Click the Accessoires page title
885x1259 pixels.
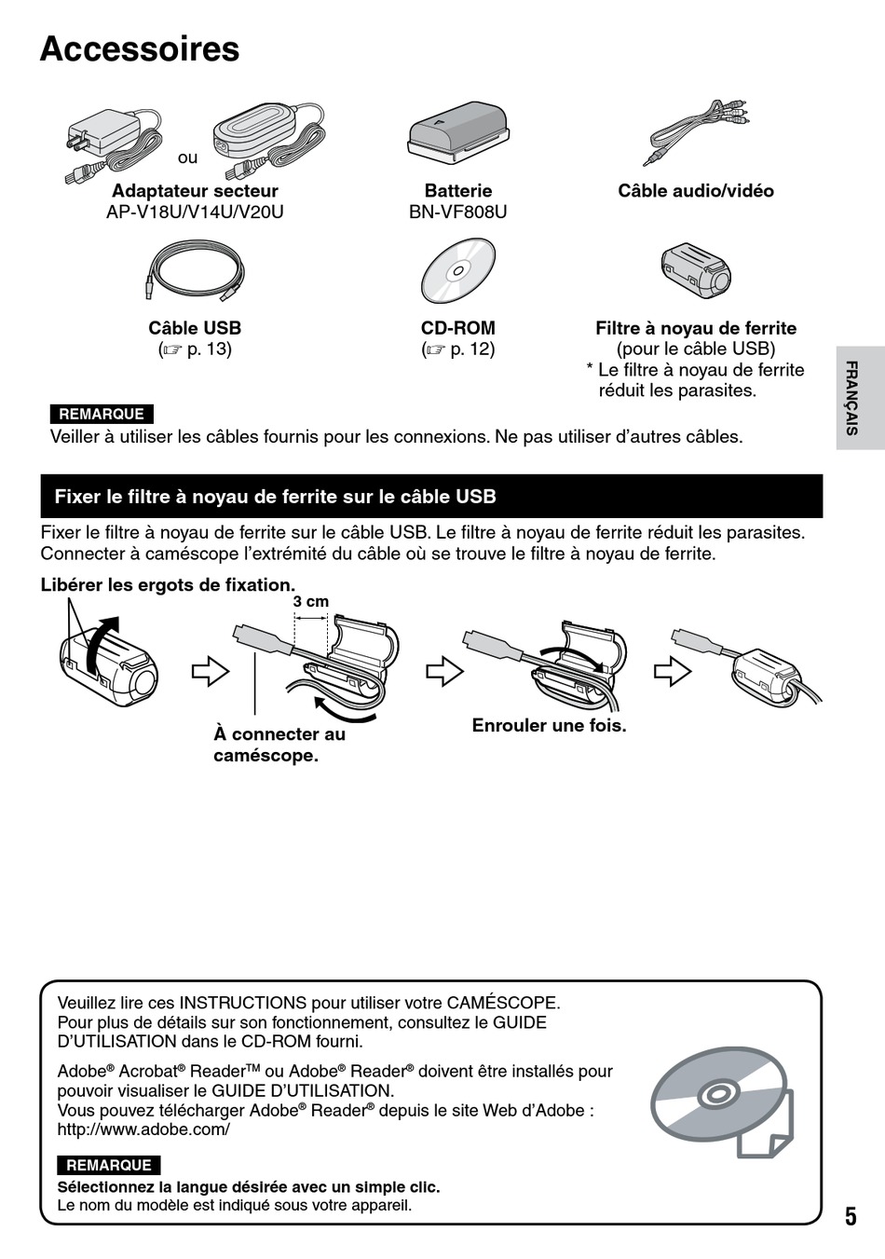coord(140,49)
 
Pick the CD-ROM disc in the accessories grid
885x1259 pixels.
coord(458,271)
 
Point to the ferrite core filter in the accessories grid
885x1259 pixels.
coord(695,271)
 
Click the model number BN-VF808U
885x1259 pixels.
coord(458,212)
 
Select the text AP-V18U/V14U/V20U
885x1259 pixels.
coord(195,212)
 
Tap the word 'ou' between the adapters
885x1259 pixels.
coord(188,157)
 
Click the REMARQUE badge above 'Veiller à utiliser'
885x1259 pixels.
coord(102,414)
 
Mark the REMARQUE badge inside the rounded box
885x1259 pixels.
coord(109,1165)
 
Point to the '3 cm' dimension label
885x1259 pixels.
coord(311,602)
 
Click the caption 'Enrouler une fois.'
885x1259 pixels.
coord(549,725)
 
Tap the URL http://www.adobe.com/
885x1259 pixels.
coord(143,1129)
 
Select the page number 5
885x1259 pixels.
coord(851,1216)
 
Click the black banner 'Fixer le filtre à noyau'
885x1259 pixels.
coord(431,496)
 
